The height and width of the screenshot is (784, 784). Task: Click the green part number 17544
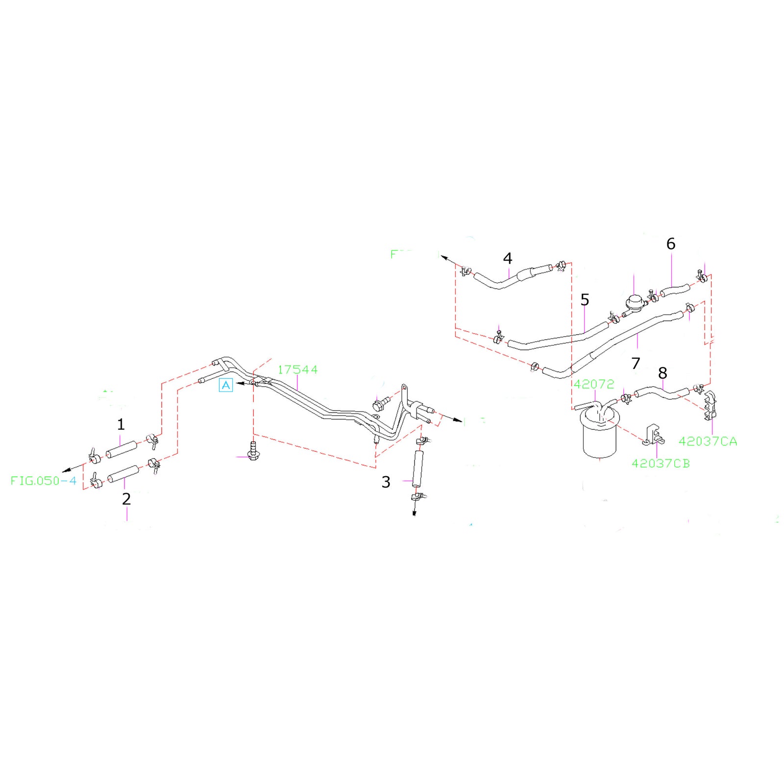[297, 369]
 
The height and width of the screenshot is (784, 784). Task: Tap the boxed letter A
[225, 385]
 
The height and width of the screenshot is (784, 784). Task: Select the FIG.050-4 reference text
[44, 481]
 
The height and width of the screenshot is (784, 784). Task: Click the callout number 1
[121, 424]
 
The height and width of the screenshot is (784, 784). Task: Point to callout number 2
[126, 499]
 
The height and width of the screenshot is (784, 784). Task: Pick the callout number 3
[386, 482]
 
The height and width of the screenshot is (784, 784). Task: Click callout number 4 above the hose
[508, 258]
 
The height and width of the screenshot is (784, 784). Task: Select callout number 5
[585, 299]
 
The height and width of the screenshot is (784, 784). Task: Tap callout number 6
[671, 244]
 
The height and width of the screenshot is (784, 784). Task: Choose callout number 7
[636, 363]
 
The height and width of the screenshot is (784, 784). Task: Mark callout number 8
[662, 373]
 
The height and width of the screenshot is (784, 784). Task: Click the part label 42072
[594, 384]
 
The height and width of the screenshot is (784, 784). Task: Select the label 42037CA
[708, 441]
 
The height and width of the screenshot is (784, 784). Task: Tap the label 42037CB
[661, 464]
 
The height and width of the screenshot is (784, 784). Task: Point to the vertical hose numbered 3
[417, 468]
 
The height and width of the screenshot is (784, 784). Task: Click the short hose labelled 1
[122, 449]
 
